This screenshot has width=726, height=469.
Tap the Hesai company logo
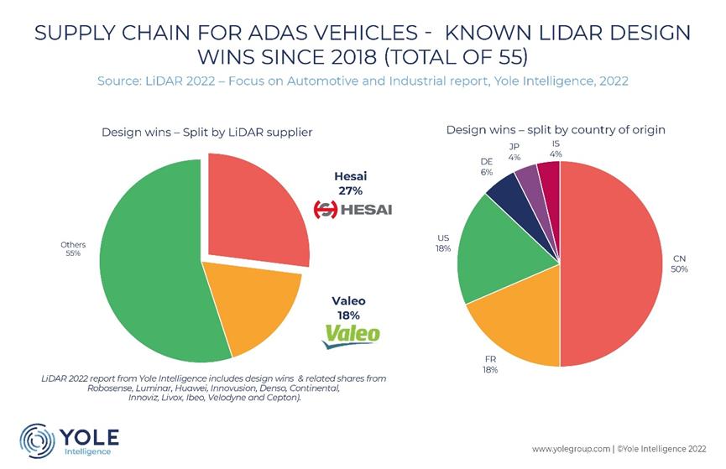pyautogui.click(x=353, y=210)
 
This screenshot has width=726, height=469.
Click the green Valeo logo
pyautogui.click(x=353, y=336)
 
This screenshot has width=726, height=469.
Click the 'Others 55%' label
pyautogui.click(x=73, y=249)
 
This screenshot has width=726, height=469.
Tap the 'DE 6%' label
pyautogui.click(x=487, y=167)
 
